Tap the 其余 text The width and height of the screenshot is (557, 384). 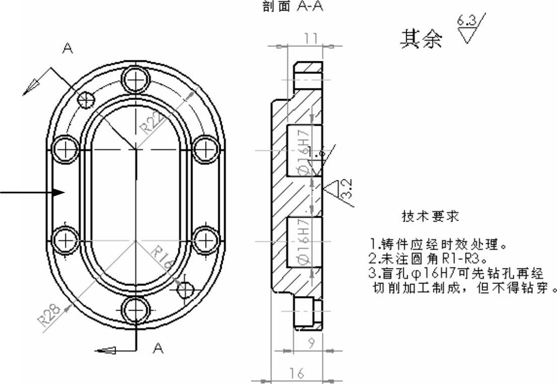click(421, 39)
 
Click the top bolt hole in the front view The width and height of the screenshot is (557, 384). click(136, 78)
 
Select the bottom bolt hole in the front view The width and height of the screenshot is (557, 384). click(136, 312)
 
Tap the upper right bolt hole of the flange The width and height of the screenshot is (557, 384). click(205, 149)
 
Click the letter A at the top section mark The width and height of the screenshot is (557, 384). click(67, 48)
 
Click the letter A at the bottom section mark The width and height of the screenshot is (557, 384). click(158, 348)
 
